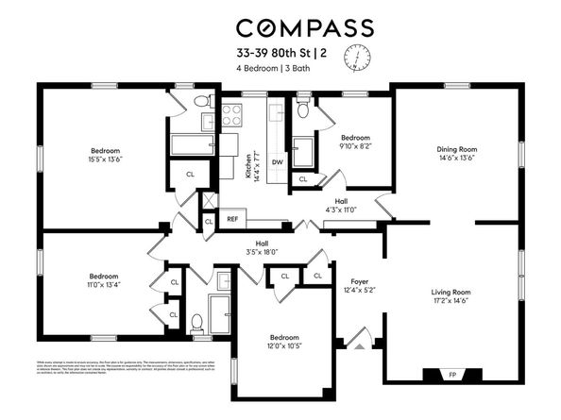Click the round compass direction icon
[x=359, y=59]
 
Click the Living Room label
[x=450, y=293]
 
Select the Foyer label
[x=359, y=281]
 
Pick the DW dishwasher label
[x=277, y=161]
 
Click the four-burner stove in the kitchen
[x=232, y=115]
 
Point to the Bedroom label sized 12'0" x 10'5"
[x=284, y=338]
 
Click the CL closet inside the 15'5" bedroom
[x=190, y=174]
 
